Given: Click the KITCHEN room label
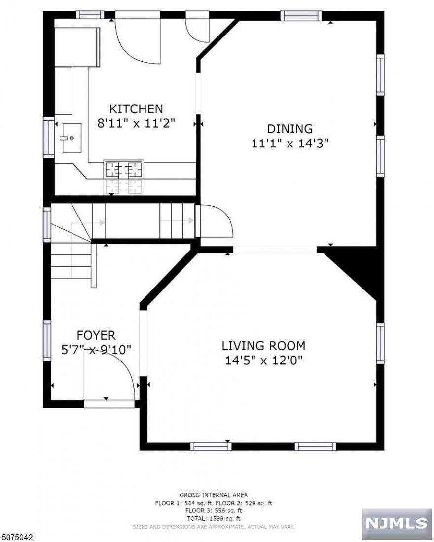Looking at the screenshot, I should pyautogui.click(x=136, y=108).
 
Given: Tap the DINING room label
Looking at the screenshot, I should pyautogui.click(x=289, y=129).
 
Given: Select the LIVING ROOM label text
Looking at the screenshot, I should pyautogui.click(x=263, y=346).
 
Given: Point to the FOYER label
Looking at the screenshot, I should pyautogui.click(x=96, y=336).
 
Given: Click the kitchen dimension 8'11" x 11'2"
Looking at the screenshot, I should pyautogui.click(x=136, y=123).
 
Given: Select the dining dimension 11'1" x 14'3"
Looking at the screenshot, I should pyautogui.click(x=289, y=144).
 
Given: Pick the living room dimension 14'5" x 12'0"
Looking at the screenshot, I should pyautogui.click(x=263, y=361).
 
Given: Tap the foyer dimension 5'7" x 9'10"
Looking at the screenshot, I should pyautogui.click(x=96, y=350).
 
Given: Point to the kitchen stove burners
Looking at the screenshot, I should pyautogui.click(x=123, y=170).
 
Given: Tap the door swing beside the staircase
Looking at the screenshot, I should pyautogui.click(x=215, y=222).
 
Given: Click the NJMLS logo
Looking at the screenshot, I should pyautogui.click(x=397, y=524).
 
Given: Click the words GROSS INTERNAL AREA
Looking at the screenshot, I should pyautogui.click(x=214, y=495).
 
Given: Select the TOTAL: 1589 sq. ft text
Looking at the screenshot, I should pyautogui.click(x=214, y=519).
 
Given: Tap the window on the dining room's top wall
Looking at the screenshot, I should pyautogui.click(x=301, y=16).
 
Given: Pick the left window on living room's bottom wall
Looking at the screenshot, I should pyautogui.click(x=211, y=446).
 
